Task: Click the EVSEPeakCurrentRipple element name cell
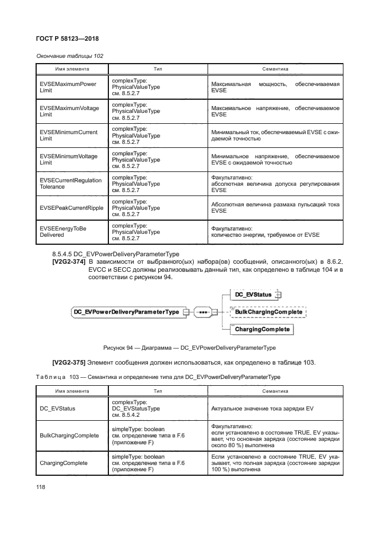(71, 208)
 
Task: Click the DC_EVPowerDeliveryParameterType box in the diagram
(126, 312)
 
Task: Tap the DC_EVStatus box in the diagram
(254, 295)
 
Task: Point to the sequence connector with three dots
(203, 312)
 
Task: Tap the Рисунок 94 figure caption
(189, 347)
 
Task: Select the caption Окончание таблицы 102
(70, 56)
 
